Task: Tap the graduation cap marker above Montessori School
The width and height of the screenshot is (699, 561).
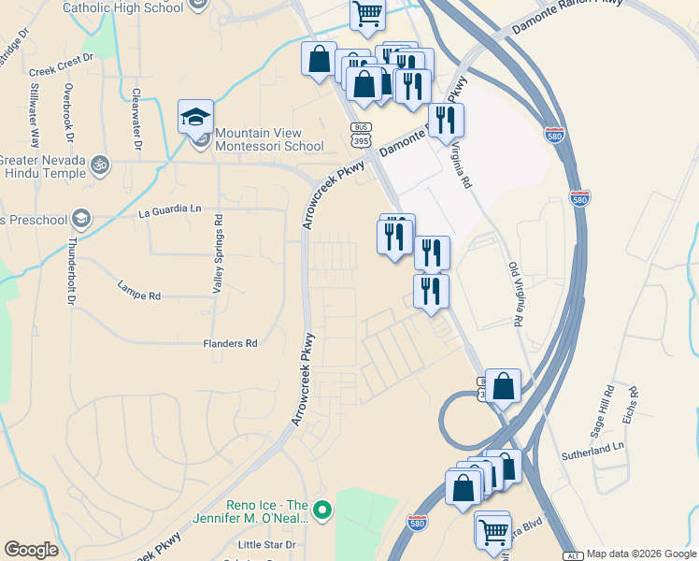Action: point(196,117)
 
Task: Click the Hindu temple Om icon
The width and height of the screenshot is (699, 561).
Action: point(100,165)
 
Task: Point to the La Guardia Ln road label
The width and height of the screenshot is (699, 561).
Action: point(169,211)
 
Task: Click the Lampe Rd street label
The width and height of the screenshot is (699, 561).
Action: point(139,290)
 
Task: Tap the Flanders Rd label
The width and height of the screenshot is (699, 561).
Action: point(230,344)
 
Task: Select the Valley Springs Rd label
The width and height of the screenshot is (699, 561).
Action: point(218,253)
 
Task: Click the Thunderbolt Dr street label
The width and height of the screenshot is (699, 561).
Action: point(72,271)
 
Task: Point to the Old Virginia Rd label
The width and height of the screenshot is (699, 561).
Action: point(514,294)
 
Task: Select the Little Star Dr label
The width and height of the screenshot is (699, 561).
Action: point(266,544)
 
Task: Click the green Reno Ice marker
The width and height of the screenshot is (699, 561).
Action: point(323,511)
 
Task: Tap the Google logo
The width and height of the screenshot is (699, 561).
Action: point(31,550)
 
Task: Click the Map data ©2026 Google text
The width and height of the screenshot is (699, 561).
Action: point(641,554)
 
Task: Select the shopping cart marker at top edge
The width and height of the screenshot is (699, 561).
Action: point(368,14)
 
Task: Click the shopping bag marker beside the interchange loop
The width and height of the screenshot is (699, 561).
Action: point(503,386)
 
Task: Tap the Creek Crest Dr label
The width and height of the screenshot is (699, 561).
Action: point(62,65)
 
